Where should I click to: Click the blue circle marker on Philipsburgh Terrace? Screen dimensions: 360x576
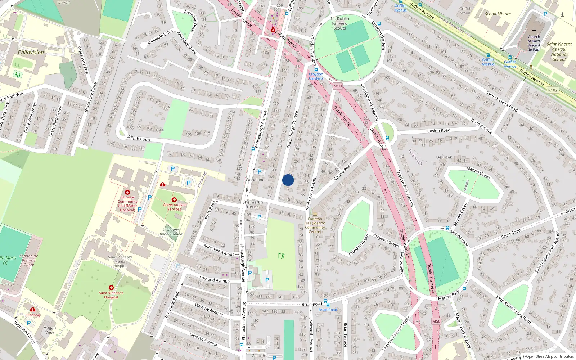click(288, 180)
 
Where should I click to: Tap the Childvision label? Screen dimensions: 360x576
click(31, 52)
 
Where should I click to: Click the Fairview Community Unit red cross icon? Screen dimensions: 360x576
click(127, 192)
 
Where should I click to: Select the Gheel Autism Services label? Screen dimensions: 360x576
click(174, 207)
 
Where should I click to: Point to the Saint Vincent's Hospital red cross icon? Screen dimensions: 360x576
click(111, 288)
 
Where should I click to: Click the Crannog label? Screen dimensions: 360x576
click(33, 315)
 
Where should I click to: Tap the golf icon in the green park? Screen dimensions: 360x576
click(281, 256)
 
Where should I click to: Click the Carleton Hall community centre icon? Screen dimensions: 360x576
click(315, 214)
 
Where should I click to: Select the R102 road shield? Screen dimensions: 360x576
click(553, 90)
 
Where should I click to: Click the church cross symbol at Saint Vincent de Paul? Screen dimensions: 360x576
click(534, 31)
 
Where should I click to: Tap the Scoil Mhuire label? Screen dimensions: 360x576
click(498, 14)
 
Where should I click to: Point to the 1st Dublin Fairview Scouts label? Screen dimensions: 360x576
click(339, 23)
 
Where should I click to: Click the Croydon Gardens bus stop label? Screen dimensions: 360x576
click(316, 76)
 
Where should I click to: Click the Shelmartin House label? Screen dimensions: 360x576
click(253, 204)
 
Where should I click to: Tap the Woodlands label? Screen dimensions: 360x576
click(256, 180)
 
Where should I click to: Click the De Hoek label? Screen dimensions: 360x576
click(444, 157)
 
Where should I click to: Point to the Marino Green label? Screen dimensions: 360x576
click(478, 173)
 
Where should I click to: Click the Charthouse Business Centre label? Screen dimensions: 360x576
click(29, 260)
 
